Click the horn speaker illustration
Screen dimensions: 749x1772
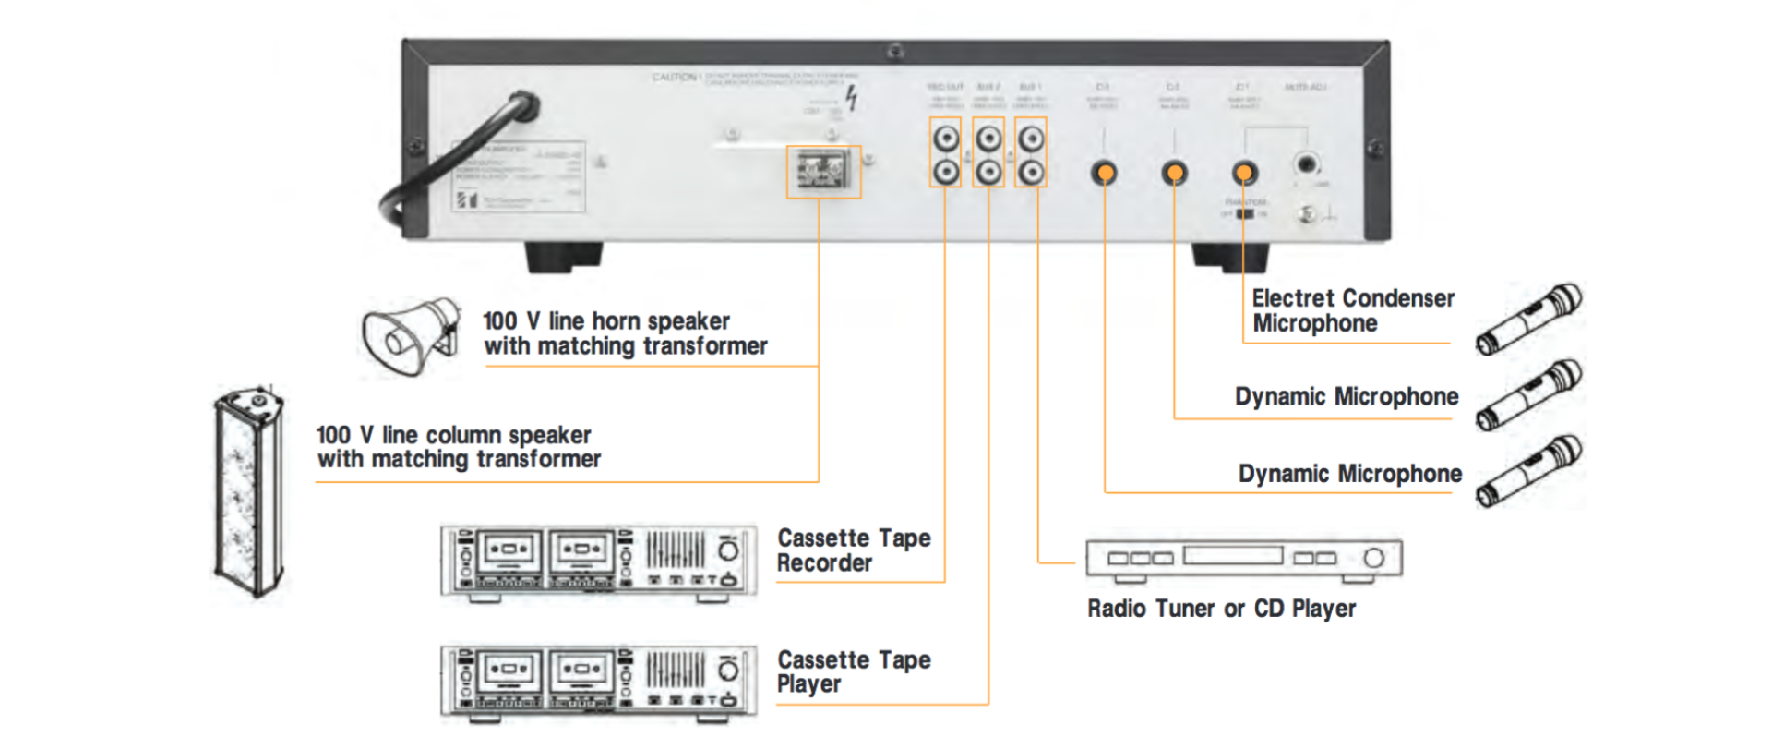(x=411, y=336)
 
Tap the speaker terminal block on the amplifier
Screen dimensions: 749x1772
(x=822, y=172)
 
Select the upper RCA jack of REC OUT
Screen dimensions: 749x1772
(x=945, y=139)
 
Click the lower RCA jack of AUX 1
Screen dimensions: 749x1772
(x=1031, y=172)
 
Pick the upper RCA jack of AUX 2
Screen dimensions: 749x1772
(x=988, y=139)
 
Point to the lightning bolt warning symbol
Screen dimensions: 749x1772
(x=851, y=97)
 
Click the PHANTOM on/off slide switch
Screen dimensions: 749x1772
(x=1245, y=213)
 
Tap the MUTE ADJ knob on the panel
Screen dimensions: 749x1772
(x=1306, y=165)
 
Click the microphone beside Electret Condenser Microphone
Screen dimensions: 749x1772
(x=1527, y=320)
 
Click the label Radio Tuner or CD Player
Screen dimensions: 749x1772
(x=1220, y=609)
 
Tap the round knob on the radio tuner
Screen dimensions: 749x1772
(x=1373, y=558)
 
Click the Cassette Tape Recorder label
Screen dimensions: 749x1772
(x=853, y=550)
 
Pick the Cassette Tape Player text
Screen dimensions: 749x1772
(x=853, y=671)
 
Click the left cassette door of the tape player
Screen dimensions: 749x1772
(x=507, y=668)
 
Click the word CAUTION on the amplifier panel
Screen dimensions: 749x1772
(x=674, y=77)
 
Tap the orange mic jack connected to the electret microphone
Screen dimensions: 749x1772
(x=1244, y=173)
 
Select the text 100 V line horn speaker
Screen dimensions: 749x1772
(x=606, y=321)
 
